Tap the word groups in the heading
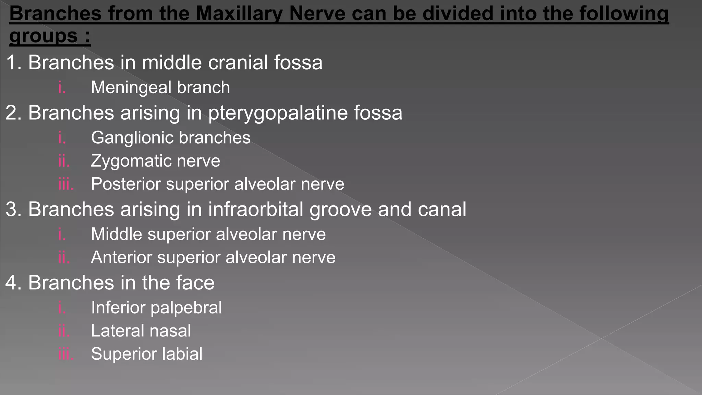44,36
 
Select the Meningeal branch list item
160,87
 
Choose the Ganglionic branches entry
171,138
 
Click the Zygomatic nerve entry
155,161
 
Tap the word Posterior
126,184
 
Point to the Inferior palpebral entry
156,308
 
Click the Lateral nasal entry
141,331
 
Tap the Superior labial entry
147,354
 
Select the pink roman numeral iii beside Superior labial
65,354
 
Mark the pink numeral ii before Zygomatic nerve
64,161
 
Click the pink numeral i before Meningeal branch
62,87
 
